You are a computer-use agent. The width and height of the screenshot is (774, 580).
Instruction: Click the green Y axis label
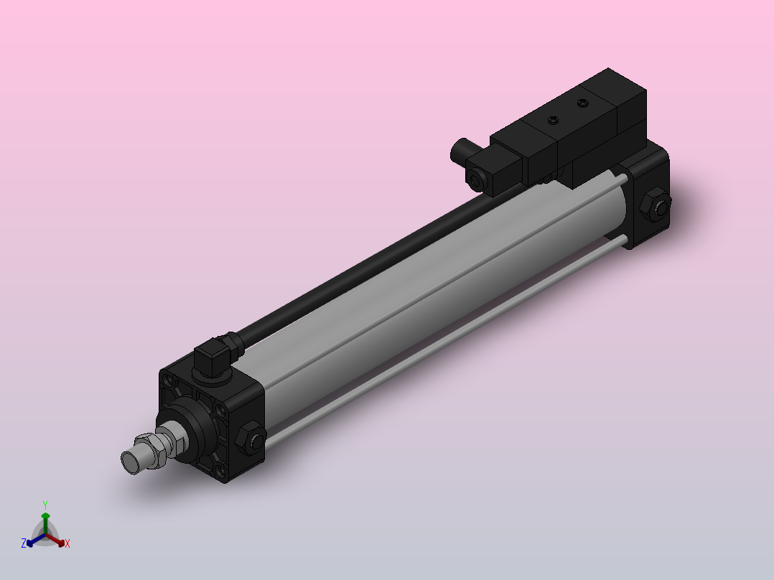point(45,505)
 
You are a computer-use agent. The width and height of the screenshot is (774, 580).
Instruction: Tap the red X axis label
point(67,543)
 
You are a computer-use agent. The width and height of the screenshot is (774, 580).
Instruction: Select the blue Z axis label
point(24,543)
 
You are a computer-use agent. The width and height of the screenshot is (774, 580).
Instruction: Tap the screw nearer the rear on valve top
point(582,104)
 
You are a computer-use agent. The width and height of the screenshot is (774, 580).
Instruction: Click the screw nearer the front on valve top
point(552,120)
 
